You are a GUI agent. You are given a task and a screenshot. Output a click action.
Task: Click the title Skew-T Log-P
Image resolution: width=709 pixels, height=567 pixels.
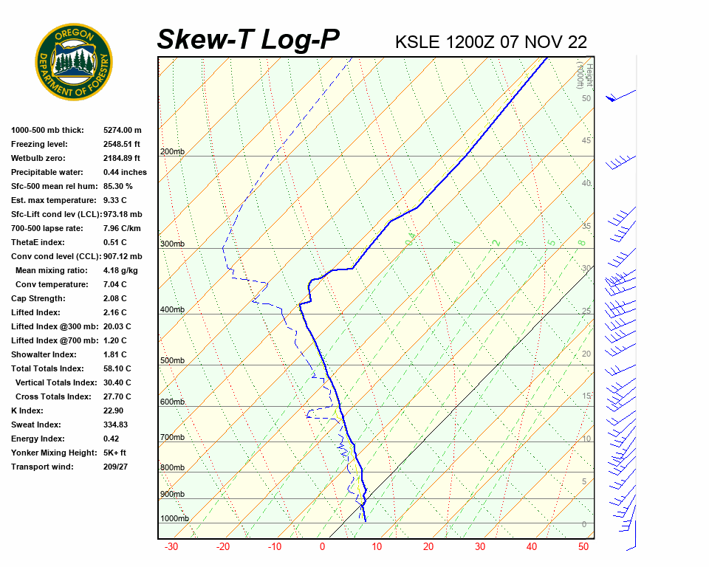coord(248,39)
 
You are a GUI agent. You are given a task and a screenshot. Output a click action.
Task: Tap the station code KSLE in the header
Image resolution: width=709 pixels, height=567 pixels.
coord(419,41)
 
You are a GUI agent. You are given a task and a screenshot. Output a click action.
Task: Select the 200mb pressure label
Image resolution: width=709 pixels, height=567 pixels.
coord(172,152)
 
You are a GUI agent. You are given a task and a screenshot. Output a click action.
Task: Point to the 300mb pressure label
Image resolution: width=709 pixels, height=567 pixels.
coord(172,244)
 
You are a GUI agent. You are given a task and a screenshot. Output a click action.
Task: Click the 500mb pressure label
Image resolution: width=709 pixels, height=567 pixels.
coord(172,360)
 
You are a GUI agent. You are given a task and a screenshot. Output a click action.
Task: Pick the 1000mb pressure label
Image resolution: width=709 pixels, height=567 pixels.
coord(174,518)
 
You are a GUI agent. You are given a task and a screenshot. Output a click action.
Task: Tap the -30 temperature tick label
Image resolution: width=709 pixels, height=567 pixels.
coord(171,547)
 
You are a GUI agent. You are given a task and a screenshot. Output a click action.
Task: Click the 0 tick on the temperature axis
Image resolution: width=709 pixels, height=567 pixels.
coord(322,547)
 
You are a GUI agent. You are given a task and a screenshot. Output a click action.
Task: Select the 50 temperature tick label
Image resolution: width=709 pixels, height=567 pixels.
coord(583,547)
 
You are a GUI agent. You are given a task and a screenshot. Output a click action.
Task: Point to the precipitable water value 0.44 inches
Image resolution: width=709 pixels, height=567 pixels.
coord(125,172)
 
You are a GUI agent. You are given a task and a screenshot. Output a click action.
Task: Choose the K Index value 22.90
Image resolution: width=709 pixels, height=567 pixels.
coord(113,410)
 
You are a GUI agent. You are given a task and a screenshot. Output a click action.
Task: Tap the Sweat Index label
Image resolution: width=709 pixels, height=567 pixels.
coord(35,425)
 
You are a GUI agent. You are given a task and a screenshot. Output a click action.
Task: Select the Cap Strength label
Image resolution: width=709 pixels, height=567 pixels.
coord(38,298)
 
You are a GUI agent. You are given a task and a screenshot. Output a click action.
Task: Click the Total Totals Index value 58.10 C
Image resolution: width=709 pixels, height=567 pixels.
coord(117,368)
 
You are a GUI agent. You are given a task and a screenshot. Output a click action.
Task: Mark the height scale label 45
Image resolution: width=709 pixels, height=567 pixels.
coord(586,140)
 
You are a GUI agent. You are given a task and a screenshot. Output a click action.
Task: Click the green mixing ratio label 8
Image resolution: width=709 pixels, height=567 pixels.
coord(581,242)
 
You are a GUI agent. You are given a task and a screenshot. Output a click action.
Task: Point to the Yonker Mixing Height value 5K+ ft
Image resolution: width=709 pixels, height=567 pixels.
coord(115,453)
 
